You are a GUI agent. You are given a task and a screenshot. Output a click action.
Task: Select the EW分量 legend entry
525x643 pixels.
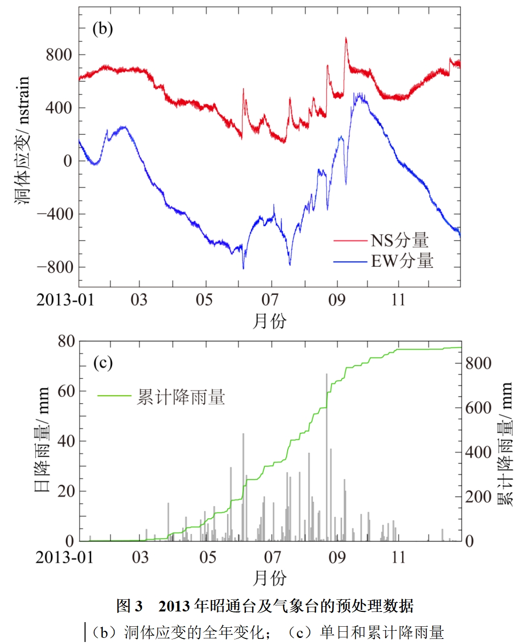click(402, 262)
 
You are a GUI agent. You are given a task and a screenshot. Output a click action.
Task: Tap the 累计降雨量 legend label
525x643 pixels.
click(181, 397)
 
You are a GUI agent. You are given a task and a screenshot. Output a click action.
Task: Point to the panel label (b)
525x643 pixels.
click(102, 29)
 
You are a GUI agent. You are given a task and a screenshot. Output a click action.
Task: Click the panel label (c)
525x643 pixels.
click(103, 364)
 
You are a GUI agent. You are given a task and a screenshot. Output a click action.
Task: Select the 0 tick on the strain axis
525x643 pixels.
click(68, 161)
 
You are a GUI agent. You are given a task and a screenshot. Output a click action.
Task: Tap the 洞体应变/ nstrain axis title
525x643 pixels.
click(23, 141)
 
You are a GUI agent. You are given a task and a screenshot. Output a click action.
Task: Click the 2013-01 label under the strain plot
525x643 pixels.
click(65, 300)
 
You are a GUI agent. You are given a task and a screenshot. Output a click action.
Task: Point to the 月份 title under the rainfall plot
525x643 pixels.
click(269, 578)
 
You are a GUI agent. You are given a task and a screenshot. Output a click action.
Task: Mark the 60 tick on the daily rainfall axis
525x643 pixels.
click(66, 391)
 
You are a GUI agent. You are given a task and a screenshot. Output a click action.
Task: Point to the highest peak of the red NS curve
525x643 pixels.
click(346, 38)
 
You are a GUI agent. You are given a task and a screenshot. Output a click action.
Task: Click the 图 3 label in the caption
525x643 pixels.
click(129, 606)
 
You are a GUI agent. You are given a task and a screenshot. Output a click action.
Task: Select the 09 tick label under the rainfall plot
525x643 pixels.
click(337, 557)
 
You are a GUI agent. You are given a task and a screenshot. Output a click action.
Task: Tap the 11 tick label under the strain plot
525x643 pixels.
click(398, 300)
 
